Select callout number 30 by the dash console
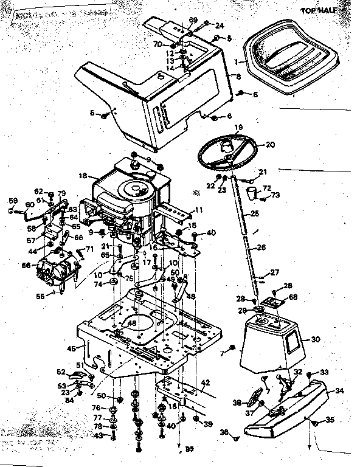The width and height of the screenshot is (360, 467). click(x=314, y=339)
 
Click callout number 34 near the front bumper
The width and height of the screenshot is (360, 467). click(x=339, y=391)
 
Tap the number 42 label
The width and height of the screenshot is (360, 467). click(x=205, y=382)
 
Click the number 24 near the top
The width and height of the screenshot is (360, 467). click(x=220, y=26)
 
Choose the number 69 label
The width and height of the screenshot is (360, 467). click(x=193, y=21)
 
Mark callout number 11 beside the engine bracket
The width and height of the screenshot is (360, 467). click(x=198, y=210)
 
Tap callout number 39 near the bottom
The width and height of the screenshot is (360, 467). click(x=209, y=423)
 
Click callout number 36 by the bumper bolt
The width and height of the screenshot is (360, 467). click(x=224, y=432)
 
